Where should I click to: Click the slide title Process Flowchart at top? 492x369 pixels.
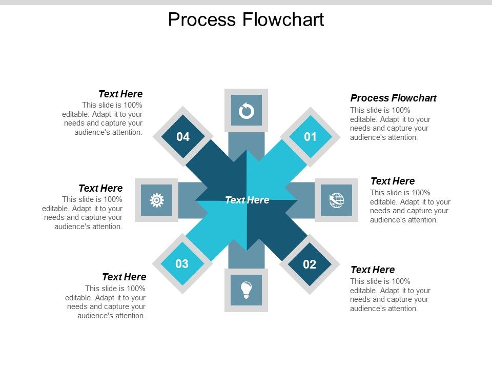click(x=246, y=19)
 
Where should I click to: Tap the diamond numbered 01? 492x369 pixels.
click(x=310, y=137)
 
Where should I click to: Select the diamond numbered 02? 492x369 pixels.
click(x=309, y=264)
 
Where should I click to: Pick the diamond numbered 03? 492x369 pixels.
click(x=182, y=264)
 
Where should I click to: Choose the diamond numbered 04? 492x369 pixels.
click(x=183, y=137)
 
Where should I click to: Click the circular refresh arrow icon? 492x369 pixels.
click(x=247, y=110)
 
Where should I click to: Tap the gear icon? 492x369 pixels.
click(x=156, y=200)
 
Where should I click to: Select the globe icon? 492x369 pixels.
click(x=336, y=200)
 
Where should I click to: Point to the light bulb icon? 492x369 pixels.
click(x=247, y=290)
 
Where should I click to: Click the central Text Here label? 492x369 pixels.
click(x=247, y=200)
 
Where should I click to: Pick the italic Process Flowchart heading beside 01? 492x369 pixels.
click(x=393, y=98)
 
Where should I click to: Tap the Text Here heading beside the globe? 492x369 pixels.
click(x=393, y=181)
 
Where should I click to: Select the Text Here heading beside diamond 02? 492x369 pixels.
click(x=373, y=270)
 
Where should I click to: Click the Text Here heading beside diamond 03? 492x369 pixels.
click(x=124, y=277)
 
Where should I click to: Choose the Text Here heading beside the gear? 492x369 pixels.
click(x=100, y=188)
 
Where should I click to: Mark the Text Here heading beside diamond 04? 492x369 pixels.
click(x=120, y=94)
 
